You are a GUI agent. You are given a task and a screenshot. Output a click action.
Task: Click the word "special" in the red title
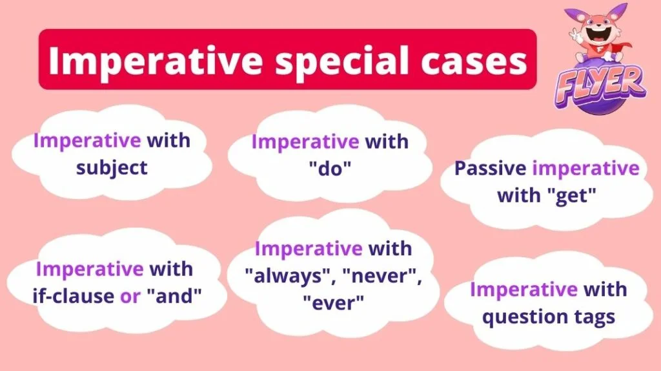coord(341,61)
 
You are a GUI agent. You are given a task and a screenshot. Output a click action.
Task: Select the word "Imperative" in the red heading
coord(155,61)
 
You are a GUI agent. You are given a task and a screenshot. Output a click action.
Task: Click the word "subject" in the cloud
coord(112,169)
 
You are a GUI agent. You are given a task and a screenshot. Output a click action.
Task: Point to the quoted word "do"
coord(330,169)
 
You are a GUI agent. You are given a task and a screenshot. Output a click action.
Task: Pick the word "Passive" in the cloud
coord(490,169)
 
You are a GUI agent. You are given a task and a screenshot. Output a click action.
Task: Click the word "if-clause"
coord(73,296)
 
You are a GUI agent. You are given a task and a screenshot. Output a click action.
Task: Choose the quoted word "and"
coord(174,296)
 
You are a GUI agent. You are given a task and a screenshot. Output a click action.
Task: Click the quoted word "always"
coord(288,276)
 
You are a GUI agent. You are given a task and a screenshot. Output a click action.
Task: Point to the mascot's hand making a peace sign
coord(575,35)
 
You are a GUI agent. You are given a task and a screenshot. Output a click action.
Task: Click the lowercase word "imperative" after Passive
coord(586,169)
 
